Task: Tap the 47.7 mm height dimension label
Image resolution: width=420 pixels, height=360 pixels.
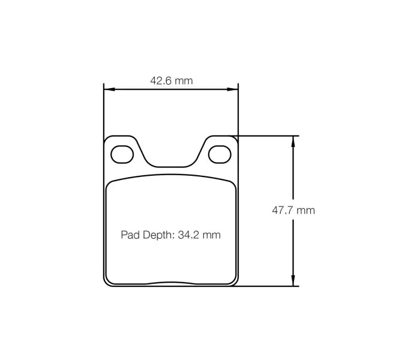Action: (x=293, y=211)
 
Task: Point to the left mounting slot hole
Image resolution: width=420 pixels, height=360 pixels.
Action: (x=123, y=154)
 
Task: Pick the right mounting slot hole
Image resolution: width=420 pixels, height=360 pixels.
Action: (x=219, y=154)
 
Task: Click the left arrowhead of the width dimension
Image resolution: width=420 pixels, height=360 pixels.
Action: (x=108, y=90)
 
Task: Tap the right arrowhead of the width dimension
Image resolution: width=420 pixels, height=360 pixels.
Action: (x=234, y=90)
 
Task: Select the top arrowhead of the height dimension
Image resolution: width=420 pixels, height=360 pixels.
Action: (x=293, y=140)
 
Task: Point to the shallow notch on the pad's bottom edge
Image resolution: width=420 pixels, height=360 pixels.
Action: (x=171, y=283)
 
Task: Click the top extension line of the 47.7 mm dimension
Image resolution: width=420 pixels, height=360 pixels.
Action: (x=267, y=136)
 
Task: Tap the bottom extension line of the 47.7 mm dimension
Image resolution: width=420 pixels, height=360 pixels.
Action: (x=267, y=286)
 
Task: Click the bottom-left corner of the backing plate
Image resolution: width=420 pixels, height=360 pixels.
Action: (x=106, y=284)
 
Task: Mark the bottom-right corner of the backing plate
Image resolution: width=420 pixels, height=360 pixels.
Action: (x=236, y=284)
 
